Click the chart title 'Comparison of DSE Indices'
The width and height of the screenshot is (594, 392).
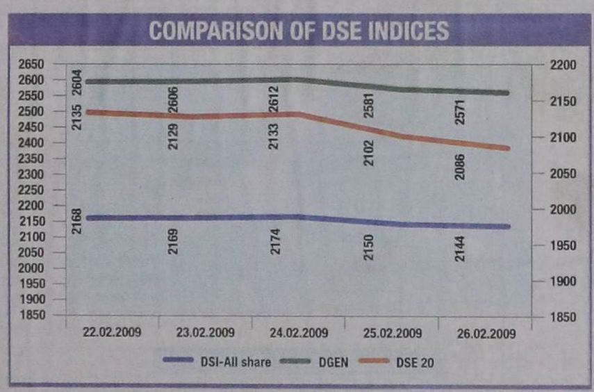pos(298,31)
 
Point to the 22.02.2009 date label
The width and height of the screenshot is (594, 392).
pos(111,332)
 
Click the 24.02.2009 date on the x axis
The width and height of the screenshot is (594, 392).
pos(299,333)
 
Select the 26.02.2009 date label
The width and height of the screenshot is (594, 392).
pos(486,334)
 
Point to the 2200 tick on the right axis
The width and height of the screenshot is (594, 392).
pos(563,65)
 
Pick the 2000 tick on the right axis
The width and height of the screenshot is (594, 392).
pos(563,210)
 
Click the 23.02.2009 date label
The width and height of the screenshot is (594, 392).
pos(205,333)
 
